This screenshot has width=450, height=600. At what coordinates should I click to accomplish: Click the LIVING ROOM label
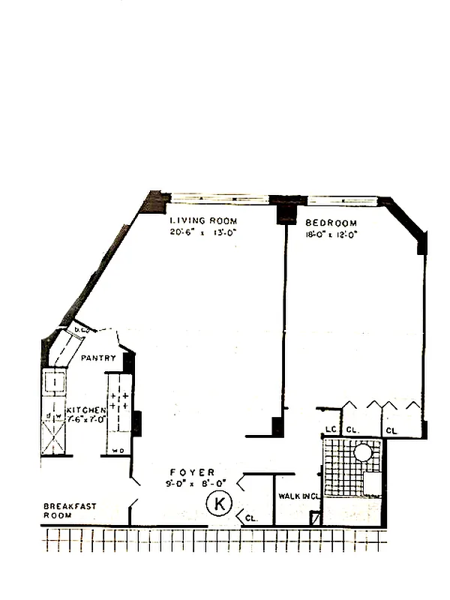pos(203,221)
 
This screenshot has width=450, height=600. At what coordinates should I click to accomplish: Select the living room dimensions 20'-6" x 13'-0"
pos(203,232)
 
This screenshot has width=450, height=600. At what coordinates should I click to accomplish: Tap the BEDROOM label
pos(331,223)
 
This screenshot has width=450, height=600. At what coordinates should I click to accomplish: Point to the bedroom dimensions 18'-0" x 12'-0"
pos(331,234)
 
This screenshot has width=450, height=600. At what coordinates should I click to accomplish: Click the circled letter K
pos(219,504)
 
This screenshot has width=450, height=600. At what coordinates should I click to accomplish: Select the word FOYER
pos(192,472)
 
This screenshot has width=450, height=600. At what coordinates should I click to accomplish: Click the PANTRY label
pos(98,358)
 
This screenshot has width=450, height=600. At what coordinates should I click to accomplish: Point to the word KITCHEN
pos(85,410)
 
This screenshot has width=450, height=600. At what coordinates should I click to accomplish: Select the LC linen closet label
pos(329,430)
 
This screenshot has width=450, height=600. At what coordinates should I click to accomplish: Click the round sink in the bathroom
pos(363,452)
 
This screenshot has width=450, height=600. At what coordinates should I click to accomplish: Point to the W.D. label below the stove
pos(117,451)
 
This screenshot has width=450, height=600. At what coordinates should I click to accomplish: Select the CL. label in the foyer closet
pos(251,517)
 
